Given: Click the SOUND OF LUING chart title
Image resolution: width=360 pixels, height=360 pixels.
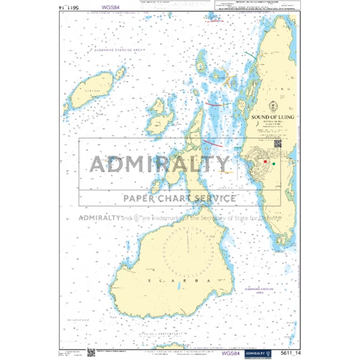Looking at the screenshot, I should click(273, 117).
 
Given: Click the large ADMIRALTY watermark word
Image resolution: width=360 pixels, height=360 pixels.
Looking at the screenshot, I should click(160, 164).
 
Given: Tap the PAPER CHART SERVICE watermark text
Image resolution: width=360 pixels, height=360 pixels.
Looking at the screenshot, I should click(179, 197).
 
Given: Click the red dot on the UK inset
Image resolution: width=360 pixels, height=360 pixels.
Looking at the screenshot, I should click(265, 161).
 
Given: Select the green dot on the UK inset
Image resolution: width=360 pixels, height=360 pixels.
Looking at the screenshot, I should click(274, 164).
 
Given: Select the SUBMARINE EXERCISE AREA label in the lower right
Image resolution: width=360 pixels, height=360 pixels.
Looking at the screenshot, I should click(258, 290).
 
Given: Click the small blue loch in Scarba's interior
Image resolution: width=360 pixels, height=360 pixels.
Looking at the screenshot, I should click(178, 286).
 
